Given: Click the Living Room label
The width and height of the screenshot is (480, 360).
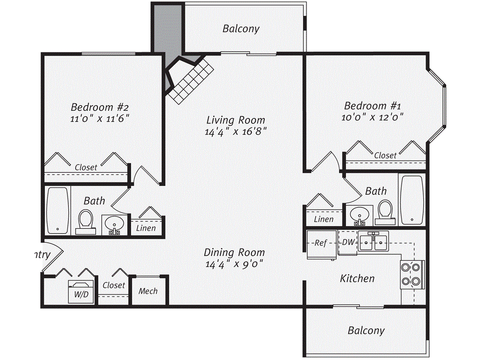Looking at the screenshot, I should pos(236,120).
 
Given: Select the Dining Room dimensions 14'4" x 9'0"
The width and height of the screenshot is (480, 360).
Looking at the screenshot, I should pos(234,264).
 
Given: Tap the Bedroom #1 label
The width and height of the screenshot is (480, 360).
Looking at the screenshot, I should pos(371,105).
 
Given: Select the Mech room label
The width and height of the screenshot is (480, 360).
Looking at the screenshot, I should pos(148,291).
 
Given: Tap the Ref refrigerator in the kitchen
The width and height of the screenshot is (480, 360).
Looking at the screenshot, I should pos(321,244).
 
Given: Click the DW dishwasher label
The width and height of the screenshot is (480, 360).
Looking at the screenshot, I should pos(347,242).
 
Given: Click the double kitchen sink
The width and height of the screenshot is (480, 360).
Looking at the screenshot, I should pos(373,242).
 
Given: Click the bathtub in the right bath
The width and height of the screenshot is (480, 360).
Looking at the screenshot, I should pos(412,199).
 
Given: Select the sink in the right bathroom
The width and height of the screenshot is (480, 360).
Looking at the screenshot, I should pos(360,215).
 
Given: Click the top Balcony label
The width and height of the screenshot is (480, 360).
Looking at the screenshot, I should pos(240,29).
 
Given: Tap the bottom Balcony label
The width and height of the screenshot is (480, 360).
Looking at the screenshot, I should pos(366,330).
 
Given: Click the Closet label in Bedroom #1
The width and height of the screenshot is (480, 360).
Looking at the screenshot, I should pos(385,155).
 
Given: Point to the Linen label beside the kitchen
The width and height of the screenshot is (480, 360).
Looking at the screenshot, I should pos(323,219).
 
